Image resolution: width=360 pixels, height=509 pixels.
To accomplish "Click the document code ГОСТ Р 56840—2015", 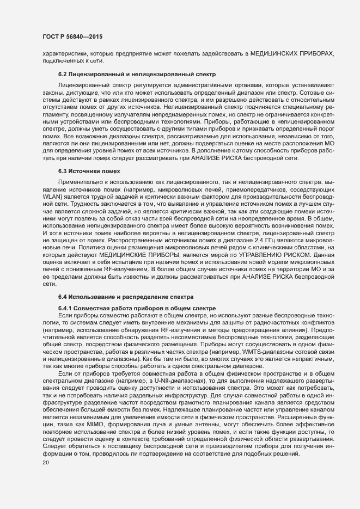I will coord(72,36).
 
